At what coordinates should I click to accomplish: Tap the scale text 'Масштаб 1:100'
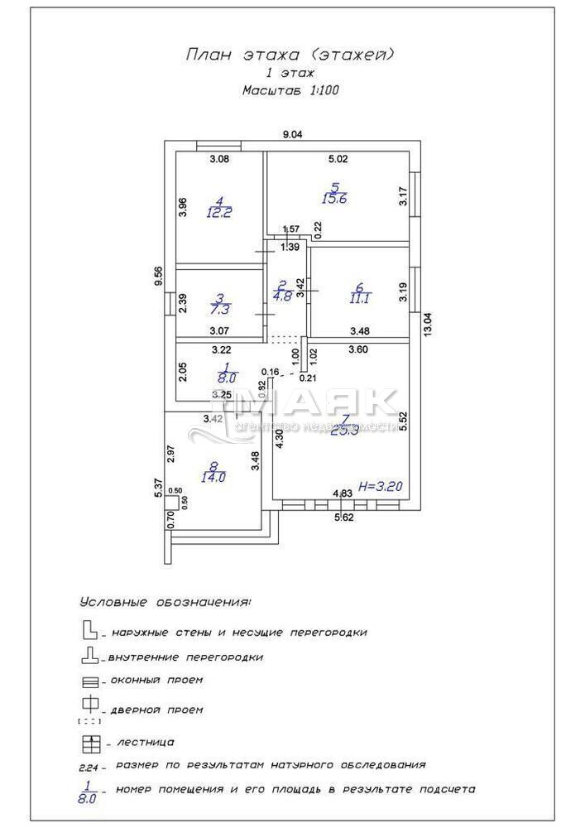pyautogui.click(x=290, y=90)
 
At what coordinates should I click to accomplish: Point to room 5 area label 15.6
pyautogui.click(x=334, y=198)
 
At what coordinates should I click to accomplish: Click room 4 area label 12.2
pyautogui.click(x=219, y=212)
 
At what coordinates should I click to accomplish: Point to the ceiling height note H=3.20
pyautogui.click(x=380, y=486)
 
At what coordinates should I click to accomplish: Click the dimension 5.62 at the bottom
pyautogui.click(x=344, y=518)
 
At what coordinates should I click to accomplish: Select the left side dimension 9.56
pyautogui.click(x=159, y=275)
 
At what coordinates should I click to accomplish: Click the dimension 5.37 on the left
pyautogui.click(x=158, y=488)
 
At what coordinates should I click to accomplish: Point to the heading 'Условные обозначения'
pyautogui.click(x=165, y=603)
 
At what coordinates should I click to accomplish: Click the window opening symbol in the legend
pyautogui.click(x=89, y=683)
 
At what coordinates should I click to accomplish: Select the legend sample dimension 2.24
pyautogui.click(x=89, y=768)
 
